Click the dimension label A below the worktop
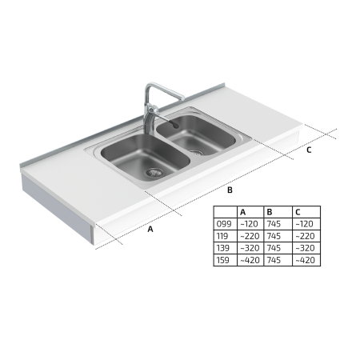150,229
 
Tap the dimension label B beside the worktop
230,190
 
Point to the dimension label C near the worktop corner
309,150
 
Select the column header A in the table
243,212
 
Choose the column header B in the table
270,212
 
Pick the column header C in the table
298,212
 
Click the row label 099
224,224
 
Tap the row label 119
222,236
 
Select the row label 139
222,248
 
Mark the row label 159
222,260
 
